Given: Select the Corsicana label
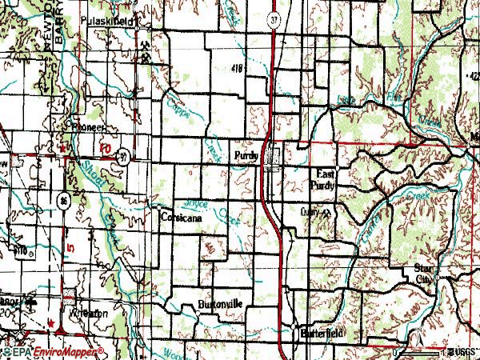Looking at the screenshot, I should click(x=179, y=217).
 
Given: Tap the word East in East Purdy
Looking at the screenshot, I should click(x=324, y=174).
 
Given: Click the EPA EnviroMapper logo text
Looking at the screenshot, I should click(x=52, y=352).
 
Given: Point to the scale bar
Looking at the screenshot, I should click(x=421, y=351).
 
